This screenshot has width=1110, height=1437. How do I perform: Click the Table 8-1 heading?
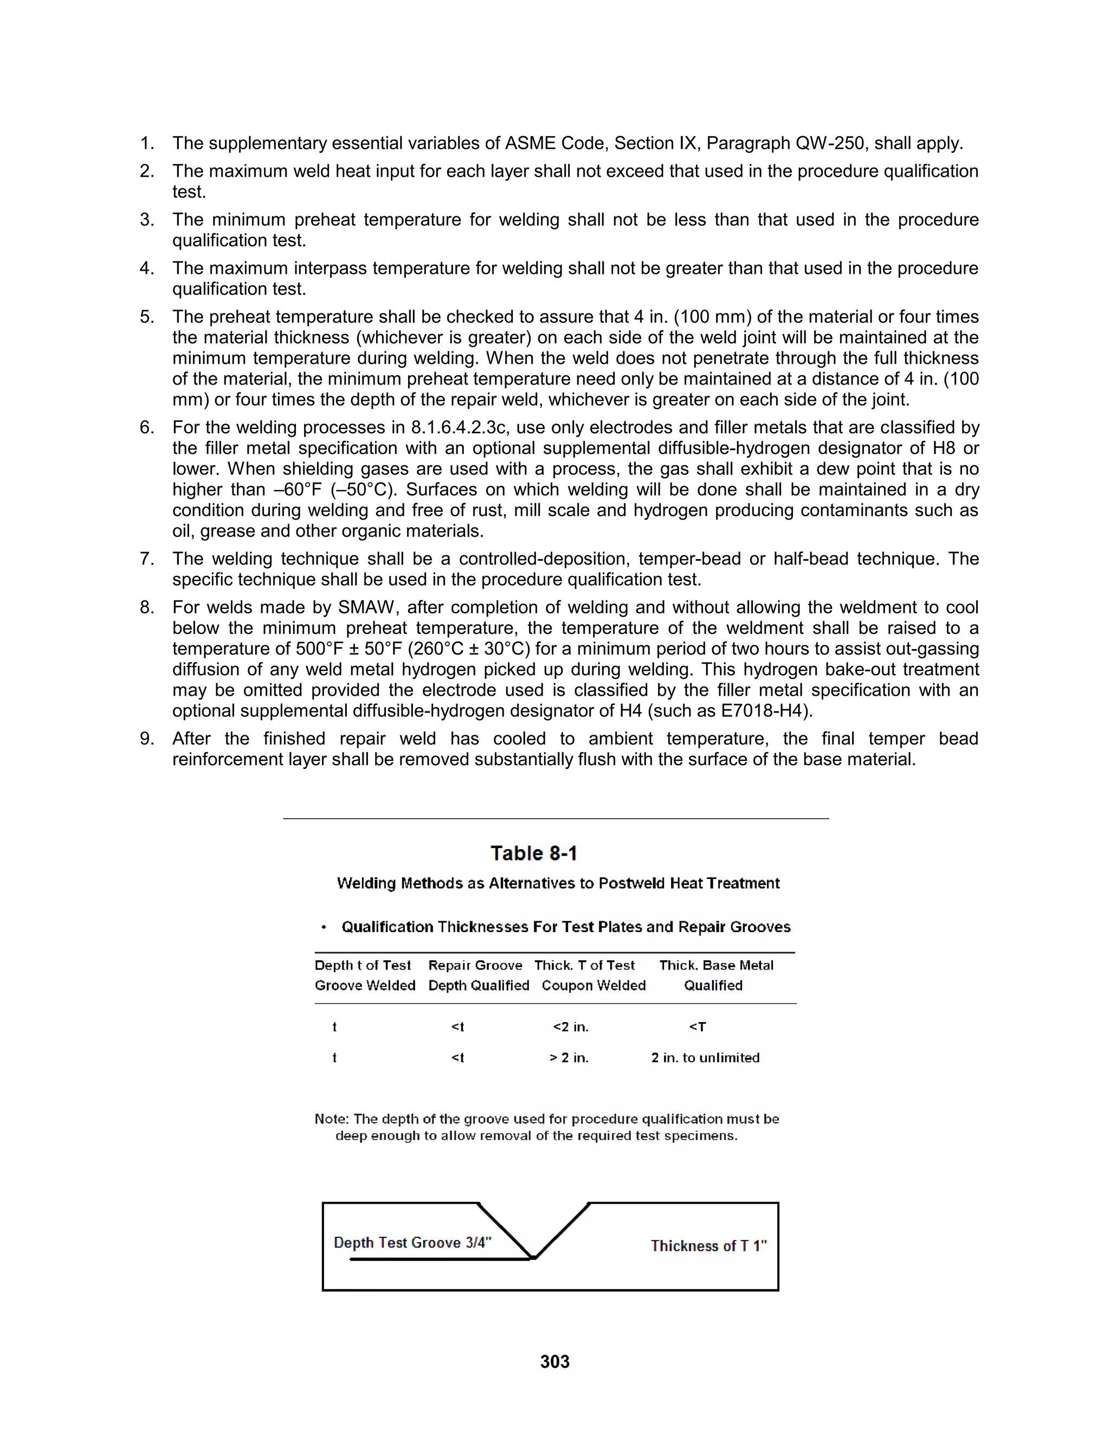tap(534, 854)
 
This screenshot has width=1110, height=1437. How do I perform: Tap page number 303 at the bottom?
tap(554, 1361)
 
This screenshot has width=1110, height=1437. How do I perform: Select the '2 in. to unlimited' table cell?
tap(705, 1057)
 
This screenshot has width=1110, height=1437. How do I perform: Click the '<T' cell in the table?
tap(697, 1027)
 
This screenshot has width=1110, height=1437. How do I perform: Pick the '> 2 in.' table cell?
tap(569, 1057)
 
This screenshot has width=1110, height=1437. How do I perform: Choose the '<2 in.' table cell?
tap(570, 1027)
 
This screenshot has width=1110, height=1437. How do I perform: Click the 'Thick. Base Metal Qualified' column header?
tap(715, 975)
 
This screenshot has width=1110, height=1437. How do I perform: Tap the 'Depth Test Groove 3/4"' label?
tap(412, 1242)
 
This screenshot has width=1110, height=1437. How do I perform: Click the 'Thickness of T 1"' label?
tap(708, 1246)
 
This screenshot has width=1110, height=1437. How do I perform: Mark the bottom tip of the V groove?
tap(533, 1258)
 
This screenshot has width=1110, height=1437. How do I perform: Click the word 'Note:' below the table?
tap(331, 1119)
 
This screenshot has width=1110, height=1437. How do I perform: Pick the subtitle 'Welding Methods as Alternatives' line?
tap(558, 883)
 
